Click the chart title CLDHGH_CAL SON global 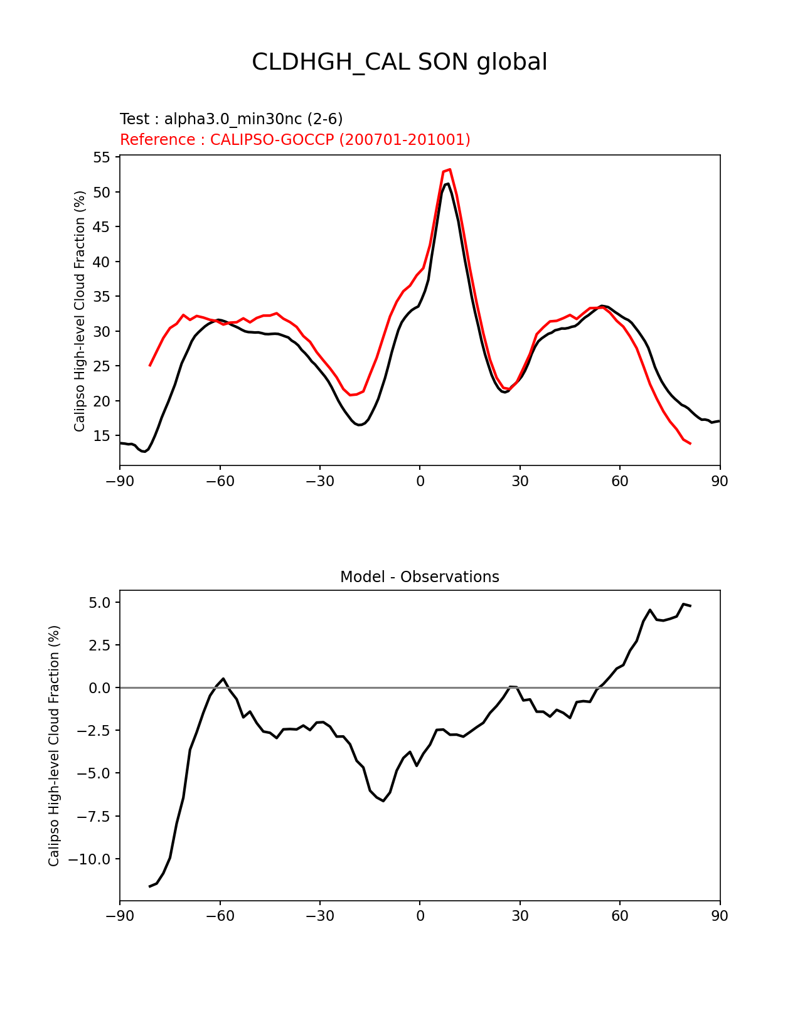(x=399, y=62)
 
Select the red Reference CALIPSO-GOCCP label (x=295, y=140)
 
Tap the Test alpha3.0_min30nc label (x=231, y=119)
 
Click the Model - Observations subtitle (x=419, y=577)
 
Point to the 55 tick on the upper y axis (x=102, y=157)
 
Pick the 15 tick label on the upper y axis (x=102, y=436)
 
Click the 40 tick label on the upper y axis (x=102, y=262)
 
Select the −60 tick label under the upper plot (x=220, y=481)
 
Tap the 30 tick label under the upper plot (x=520, y=481)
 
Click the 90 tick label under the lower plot (x=720, y=916)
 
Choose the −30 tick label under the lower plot (x=319, y=916)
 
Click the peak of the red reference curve (x=450, y=169)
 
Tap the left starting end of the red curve (x=150, y=365)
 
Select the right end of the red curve (x=690, y=443)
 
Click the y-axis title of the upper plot (x=80, y=311)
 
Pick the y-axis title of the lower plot (x=54, y=746)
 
